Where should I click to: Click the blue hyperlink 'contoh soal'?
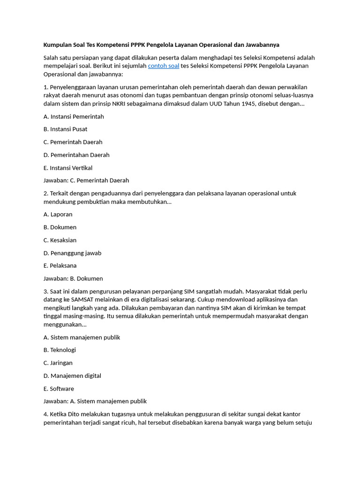click(x=164, y=66)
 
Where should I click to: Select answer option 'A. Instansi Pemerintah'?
click(x=74, y=116)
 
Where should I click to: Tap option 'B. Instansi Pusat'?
click(x=65, y=129)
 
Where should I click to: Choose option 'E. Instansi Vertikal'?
click(x=68, y=168)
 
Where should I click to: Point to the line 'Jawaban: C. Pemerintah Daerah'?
click(x=86, y=180)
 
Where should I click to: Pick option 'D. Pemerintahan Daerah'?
click(x=76, y=155)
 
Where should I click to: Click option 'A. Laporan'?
click(x=58, y=214)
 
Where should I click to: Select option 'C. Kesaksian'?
click(x=60, y=240)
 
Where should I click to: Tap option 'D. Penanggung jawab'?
click(x=72, y=253)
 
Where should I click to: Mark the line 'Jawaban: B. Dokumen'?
click(x=73, y=278)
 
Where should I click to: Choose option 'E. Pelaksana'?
click(x=60, y=266)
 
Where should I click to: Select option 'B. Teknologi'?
click(x=60, y=350)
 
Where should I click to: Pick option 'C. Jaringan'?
click(x=58, y=363)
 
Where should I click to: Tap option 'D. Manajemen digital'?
click(x=72, y=376)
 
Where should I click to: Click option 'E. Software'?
click(x=59, y=389)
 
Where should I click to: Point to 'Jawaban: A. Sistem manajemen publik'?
click(x=95, y=401)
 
